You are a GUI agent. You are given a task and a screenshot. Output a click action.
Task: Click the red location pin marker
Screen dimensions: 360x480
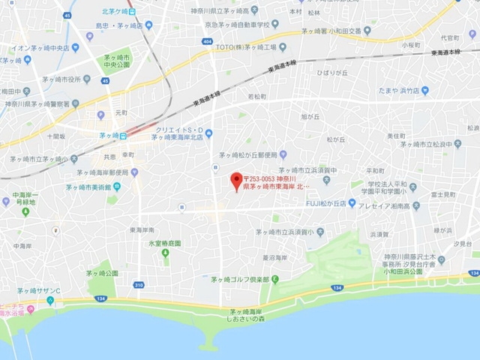click(x=235, y=180)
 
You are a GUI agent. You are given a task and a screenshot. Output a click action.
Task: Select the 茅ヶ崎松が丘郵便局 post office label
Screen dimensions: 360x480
click(x=248, y=154)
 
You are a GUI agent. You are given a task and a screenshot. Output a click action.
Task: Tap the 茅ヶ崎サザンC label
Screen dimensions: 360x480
click(x=39, y=290)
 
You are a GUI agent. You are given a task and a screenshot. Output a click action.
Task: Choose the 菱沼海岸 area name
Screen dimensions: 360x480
click(x=270, y=257)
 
